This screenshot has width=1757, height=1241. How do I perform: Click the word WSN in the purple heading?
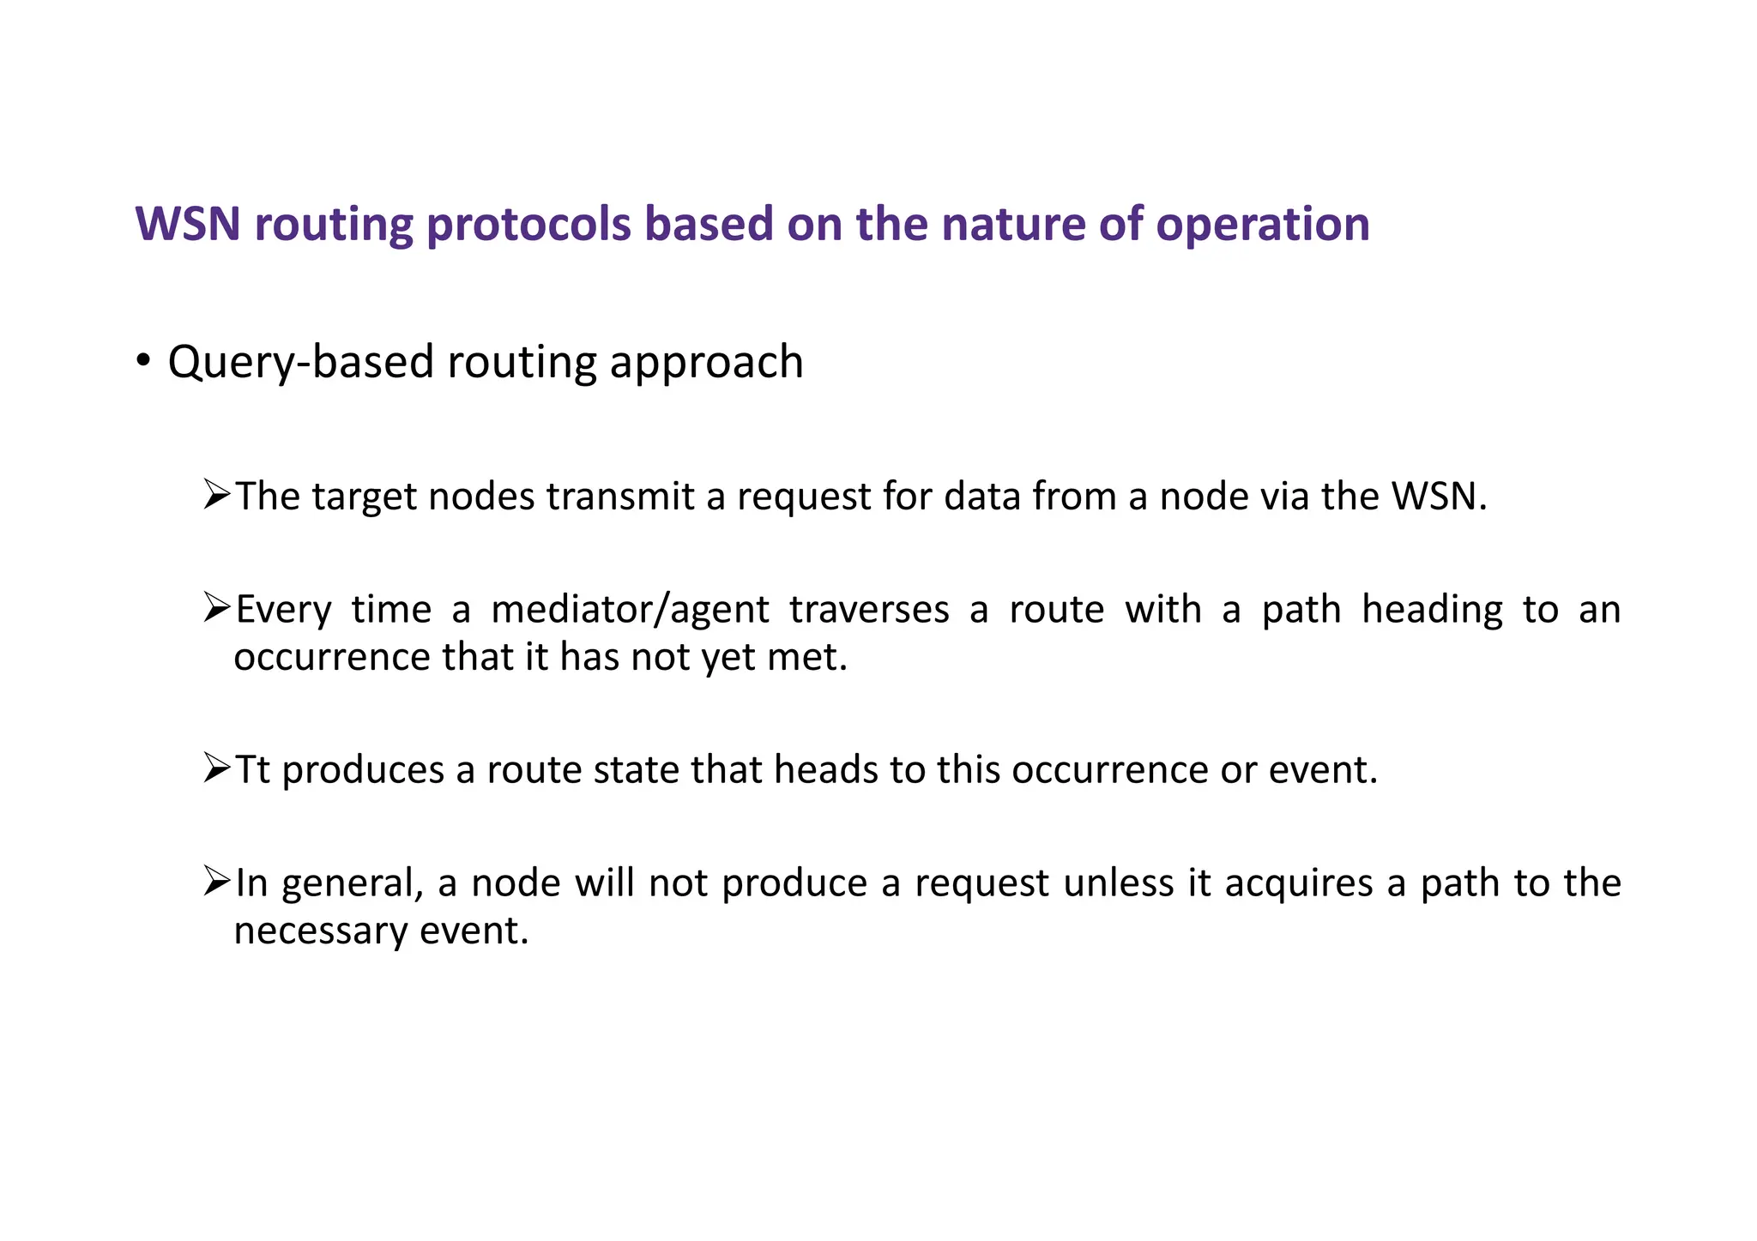click(x=187, y=225)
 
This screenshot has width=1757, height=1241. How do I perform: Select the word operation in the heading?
click(x=1262, y=225)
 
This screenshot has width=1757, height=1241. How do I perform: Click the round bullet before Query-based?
click(x=144, y=360)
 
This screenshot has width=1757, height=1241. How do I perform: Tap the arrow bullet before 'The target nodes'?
click(x=217, y=495)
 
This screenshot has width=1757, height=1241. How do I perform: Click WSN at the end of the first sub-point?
click(x=1434, y=497)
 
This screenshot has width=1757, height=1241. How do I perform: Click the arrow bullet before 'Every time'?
click(x=217, y=608)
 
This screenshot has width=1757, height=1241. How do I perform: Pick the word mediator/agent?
click(x=631, y=610)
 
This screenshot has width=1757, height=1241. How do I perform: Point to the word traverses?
click(x=868, y=610)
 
